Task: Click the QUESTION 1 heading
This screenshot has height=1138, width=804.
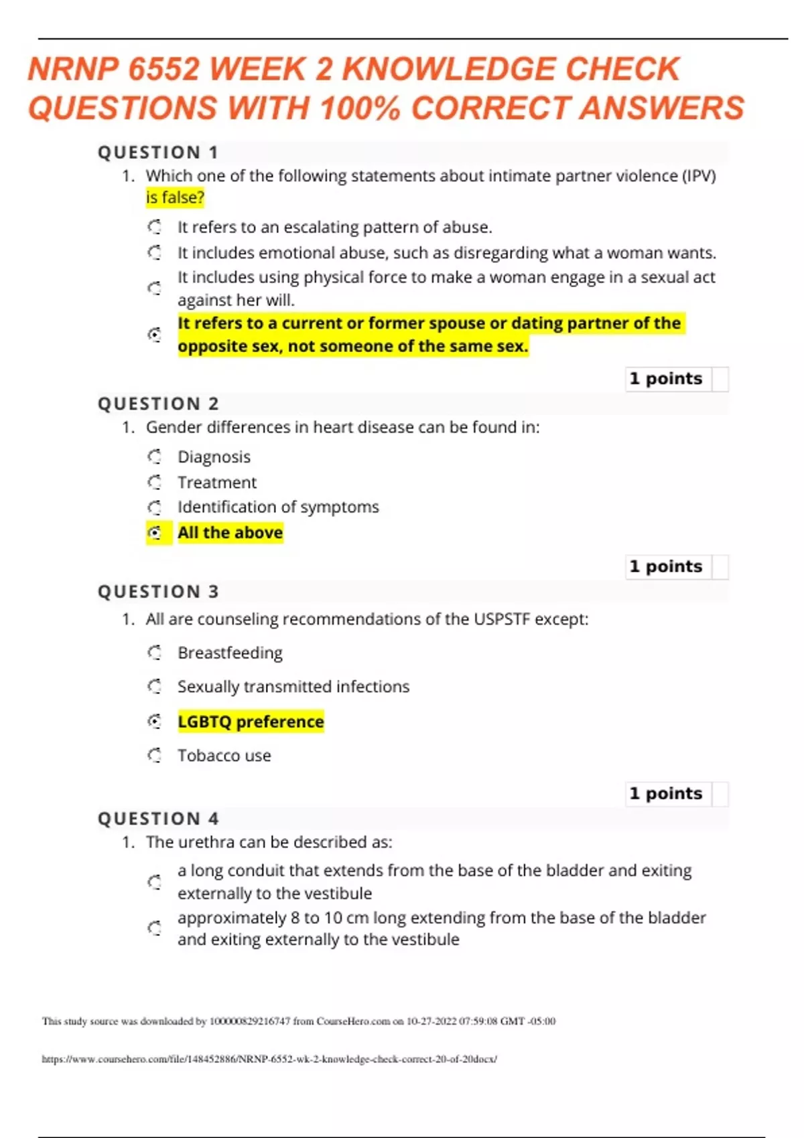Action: click(158, 153)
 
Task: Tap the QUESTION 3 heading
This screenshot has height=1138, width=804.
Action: click(158, 592)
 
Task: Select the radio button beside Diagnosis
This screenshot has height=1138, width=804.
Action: click(155, 457)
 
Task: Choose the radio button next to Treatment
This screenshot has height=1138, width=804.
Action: click(155, 482)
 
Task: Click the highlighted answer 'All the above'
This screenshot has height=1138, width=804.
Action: click(230, 533)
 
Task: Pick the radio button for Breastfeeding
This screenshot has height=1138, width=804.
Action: click(155, 652)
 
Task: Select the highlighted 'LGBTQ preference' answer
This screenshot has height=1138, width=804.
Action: click(251, 722)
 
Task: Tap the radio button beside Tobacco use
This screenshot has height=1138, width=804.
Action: click(155, 755)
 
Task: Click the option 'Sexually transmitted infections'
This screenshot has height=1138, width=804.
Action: click(293, 687)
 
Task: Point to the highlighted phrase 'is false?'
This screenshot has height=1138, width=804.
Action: click(175, 197)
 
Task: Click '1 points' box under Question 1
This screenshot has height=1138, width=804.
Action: click(666, 379)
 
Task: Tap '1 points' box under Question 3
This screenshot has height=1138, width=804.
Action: click(666, 793)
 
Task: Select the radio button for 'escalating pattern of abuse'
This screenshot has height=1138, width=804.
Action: click(155, 227)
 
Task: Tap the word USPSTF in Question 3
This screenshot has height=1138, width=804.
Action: click(501, 619)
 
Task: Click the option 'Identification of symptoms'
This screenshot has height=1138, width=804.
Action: click(278, 507)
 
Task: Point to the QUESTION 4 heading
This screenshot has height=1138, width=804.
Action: click(158, 819)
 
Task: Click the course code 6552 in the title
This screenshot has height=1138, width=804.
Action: click(163, 70)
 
